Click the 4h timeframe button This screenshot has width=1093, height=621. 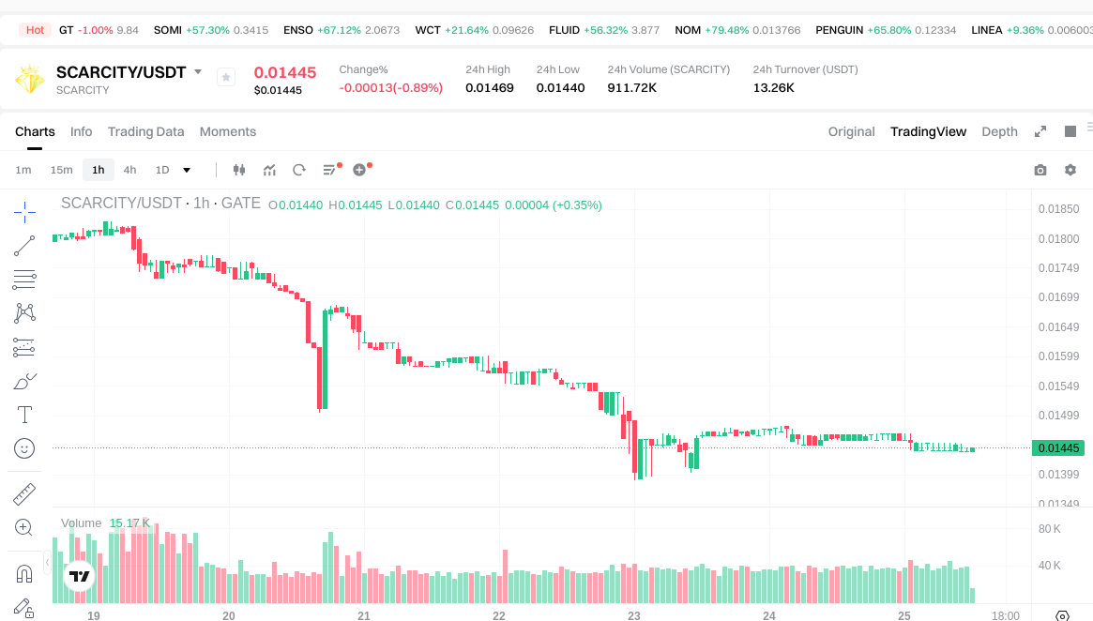pyautogui.click(x=129, y=170)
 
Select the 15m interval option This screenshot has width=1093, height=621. pyautogui.click(x=61, y=170)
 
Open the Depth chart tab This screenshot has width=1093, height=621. pyautogui.click(x=999, y=131)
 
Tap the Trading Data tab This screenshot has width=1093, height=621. pyautogui.click(x=145, y=131)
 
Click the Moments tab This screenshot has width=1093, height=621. pyautogui.click(x=227, y=131)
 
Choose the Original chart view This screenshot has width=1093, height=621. pyautogui.click(x=851, y=131)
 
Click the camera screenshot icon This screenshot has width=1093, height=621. pyautogui.click(x=1040, y=170)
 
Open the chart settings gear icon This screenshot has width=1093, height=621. pyautogui.click(x=1070, y=170)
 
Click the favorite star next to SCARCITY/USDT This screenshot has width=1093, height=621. pyautogui.click(x=226, y=77)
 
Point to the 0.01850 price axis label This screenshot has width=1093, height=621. pyautogui.click(x=1058, y=209)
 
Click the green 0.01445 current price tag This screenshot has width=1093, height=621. pyautogui.click(x=1057, y=448)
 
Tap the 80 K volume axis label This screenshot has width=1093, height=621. pyautogui.click(x=1049, y=529)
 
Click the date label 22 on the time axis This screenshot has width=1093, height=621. pyautogui.click(x=499, y=616)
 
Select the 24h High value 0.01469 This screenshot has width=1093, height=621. pyautogui.click(x=489, y=88)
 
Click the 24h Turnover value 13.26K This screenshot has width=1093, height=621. pyautogui.click(x=773, y=88)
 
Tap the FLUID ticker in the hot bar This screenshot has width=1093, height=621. pyautogui.click(x=564, y=30)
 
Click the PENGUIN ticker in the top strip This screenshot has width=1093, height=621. pyautogui.click(x=839, y=30)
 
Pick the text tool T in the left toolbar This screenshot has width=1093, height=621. pyautogui.click(x=24, y=415)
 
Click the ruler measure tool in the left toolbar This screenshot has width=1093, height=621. pyautogui.click(x=24, y=493)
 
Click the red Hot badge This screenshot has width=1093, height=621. pyautogui.click(x=35, y=30)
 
